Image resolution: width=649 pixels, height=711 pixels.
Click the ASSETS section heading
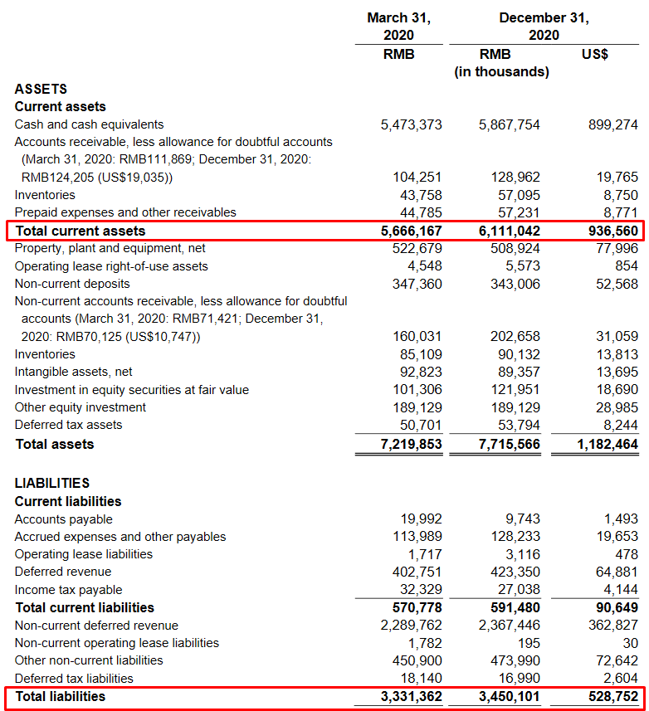click(x=41, y=89)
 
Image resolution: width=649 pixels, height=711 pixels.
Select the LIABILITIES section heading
click(x=52, y=483)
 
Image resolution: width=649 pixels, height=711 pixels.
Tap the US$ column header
click(x=595, y=54)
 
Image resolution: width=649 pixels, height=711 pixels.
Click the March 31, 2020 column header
click(x=399, y=26)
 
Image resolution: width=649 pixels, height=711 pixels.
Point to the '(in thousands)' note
click(x=501, y=72)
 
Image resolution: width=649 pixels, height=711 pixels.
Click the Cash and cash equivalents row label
click(x=89, y=124)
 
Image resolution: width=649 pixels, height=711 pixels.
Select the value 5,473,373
click(x=411, y=124)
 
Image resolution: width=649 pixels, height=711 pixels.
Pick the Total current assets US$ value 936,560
click(x=607, y=231)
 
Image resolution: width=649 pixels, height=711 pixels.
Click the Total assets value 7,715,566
click(x=509, y=444)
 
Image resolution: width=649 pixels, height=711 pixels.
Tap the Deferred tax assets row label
click(x=68, y=425)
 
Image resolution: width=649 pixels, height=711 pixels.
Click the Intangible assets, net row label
click(x=73, y=372)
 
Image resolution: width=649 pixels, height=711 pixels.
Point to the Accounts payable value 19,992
click(x=421, y=519)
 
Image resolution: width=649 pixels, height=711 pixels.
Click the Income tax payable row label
click(x=68, y=590)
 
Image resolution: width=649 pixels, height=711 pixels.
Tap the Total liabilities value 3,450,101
click(x=509, y=696)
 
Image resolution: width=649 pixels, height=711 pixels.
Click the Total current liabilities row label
click(x=84, y=607)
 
